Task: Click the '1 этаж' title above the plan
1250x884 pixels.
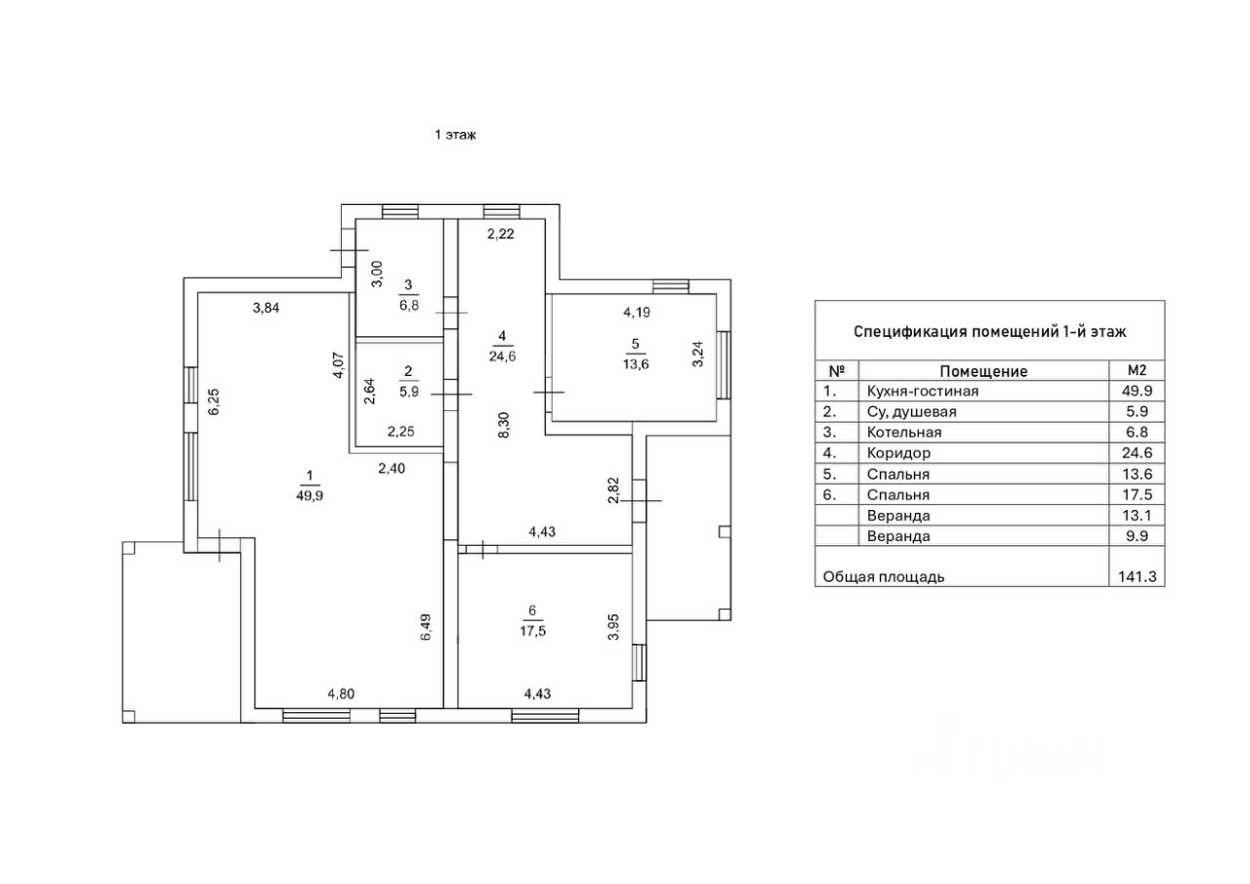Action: tap(455, 135)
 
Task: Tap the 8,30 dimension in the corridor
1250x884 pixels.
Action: tap(503, 425)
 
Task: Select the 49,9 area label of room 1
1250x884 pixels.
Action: tap(310, 495)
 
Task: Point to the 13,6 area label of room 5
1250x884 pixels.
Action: tap(636, 364)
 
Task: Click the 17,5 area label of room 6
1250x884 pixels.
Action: tap(533, 631)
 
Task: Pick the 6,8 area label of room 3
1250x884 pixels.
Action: tap(409, 306)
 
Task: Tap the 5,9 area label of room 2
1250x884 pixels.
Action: tap(409, 392)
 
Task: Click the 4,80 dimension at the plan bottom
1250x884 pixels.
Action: tap(341, 694)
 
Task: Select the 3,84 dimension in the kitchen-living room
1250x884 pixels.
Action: tap(267, 308)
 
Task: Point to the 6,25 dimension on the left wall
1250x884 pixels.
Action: tap(214, 401)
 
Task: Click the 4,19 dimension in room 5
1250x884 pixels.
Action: tap(637, 312)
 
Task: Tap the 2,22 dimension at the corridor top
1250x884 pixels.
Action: tap(501, 233)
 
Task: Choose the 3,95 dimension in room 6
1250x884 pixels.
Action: tap(613, 627)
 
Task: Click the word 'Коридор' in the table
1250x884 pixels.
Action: tap(898, 452)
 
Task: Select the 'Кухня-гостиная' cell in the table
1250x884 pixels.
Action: tap(923, 392)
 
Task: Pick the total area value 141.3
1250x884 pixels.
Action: tap(1138, 576)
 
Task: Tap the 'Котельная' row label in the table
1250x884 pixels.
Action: tap(904, 433)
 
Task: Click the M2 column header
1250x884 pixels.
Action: tap(1137, 370)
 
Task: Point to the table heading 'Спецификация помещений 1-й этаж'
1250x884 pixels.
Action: tap(990, 331)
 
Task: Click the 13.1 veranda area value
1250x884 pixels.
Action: tap(1138, 515)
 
